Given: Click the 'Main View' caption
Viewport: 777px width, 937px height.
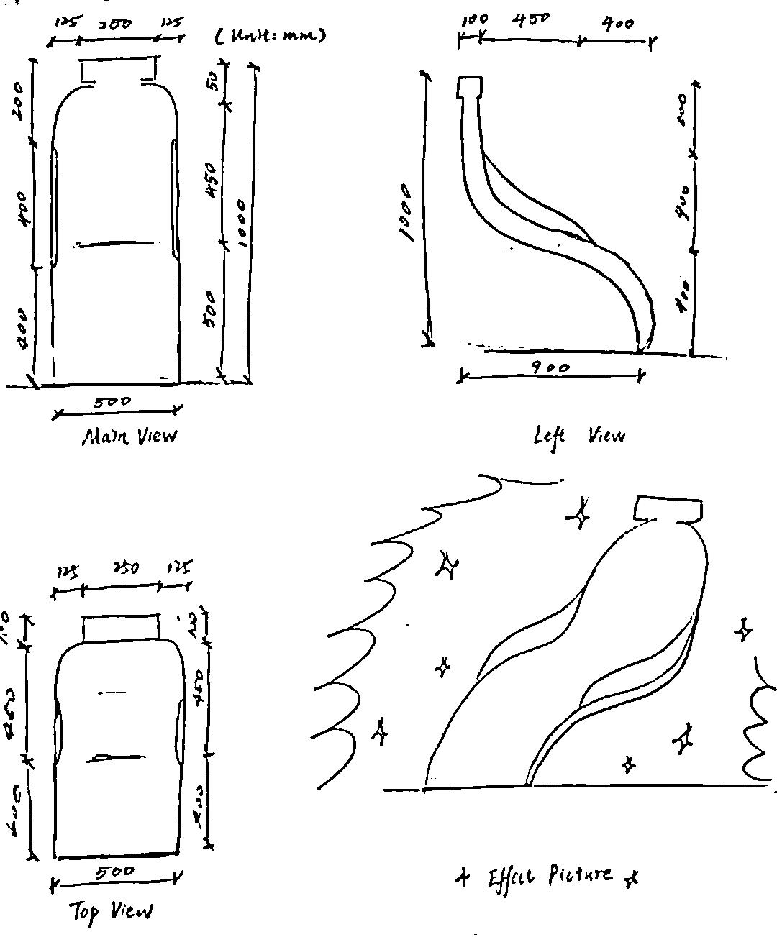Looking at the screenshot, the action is [129, 436].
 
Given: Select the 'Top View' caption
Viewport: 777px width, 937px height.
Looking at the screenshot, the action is [112, 912].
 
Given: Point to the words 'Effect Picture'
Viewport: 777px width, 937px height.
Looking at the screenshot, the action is [550, 877].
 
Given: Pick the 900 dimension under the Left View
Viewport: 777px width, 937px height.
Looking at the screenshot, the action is [550, 368].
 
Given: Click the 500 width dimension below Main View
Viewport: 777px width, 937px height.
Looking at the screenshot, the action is [112, 402].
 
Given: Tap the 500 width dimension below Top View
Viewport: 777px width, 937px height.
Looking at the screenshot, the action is [114, 872].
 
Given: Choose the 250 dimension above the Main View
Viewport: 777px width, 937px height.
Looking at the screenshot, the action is [116, 24].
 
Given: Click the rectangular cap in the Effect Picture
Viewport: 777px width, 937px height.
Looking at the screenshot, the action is [668, 509].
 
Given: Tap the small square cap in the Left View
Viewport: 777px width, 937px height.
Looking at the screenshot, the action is [471, 87].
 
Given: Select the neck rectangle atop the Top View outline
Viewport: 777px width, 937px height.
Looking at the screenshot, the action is [121, 628].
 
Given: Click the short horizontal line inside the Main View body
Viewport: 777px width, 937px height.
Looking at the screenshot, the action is [115, 244].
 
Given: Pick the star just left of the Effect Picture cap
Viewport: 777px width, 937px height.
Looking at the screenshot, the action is [580, 514].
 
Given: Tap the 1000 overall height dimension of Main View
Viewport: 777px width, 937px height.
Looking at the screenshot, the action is [242, 223].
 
